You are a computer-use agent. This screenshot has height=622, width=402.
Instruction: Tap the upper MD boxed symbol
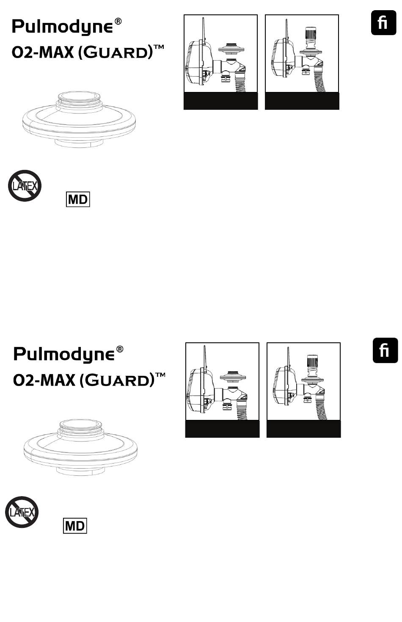click(78, 199)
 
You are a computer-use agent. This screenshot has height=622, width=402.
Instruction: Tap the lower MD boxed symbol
click(75, 526)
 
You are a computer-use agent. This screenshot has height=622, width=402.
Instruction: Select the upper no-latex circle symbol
click(25, 186)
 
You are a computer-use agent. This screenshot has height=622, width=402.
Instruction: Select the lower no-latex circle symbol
click(22, 512)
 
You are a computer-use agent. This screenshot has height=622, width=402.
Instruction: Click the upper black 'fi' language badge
click(383, 23)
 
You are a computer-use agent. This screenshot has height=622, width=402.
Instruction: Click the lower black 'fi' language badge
click(385, 350)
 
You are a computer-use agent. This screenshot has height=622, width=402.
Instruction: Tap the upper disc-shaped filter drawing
click(79, 119)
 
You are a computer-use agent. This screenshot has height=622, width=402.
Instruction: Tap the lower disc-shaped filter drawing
click(80, 447)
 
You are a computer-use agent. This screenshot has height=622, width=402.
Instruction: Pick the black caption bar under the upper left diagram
click(220, 101)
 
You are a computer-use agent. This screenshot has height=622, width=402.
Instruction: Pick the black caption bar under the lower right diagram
click(303, 429)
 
